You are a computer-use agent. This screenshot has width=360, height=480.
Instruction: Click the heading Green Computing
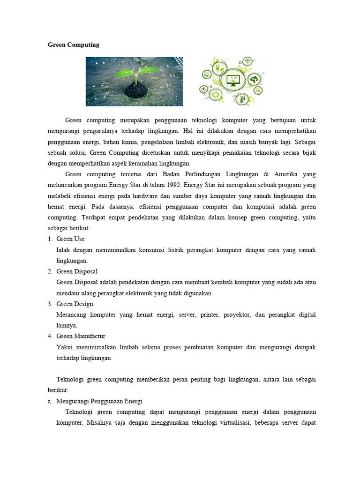[74, 45]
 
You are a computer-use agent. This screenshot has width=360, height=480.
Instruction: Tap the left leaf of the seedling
[126, 73]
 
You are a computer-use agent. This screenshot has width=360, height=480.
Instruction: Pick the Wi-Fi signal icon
[247, 62]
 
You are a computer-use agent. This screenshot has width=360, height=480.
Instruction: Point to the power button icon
[204, 89]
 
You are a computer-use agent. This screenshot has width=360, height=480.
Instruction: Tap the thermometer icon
[242, 99]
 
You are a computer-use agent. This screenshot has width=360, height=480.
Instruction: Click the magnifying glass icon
[258, 90]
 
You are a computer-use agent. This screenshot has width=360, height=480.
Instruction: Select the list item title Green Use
[70, 239]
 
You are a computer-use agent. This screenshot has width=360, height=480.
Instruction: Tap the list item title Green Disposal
[77, 271]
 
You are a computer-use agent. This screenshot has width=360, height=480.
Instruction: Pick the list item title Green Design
[75, 304]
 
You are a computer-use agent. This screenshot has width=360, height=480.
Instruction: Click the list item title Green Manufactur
[81, 336]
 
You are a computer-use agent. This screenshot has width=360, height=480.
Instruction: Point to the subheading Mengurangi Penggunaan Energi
[99, 401]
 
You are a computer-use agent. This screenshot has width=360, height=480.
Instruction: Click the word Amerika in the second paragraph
[285, 174]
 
